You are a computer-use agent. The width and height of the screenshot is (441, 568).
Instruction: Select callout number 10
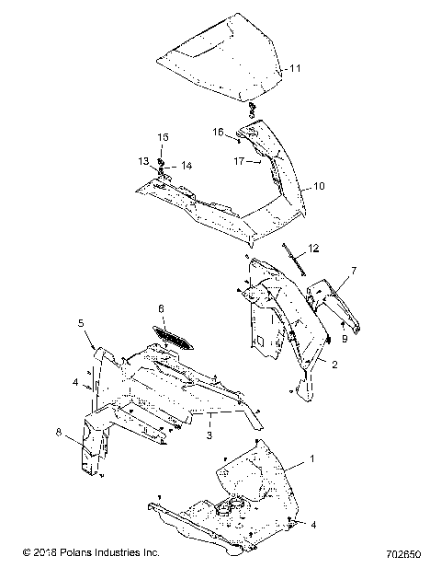click(319, 185)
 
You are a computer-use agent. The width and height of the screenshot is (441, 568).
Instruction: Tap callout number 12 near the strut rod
click(314, 248)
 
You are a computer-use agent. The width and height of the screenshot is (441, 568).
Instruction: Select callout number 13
click(143, 161)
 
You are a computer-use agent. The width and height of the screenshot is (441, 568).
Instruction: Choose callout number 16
click(219, 132)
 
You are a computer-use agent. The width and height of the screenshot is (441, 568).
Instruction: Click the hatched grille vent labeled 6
click(174, 340)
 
